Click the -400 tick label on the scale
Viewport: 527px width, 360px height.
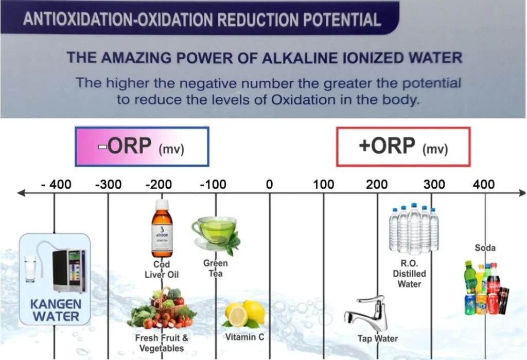56,184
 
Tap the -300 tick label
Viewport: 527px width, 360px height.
108,184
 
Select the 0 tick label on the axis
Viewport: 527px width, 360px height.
269,184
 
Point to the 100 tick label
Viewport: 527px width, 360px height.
324,184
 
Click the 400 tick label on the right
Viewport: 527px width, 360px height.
484,184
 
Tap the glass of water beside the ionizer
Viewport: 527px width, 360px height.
30,269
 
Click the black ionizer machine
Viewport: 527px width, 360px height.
68,271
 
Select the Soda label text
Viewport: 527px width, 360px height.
485,248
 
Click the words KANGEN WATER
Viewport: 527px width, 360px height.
56,310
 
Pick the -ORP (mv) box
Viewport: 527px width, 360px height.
142,147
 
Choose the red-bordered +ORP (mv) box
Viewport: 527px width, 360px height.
403,147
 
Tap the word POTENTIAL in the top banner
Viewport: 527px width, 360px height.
342,20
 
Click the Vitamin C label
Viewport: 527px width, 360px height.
244,337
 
